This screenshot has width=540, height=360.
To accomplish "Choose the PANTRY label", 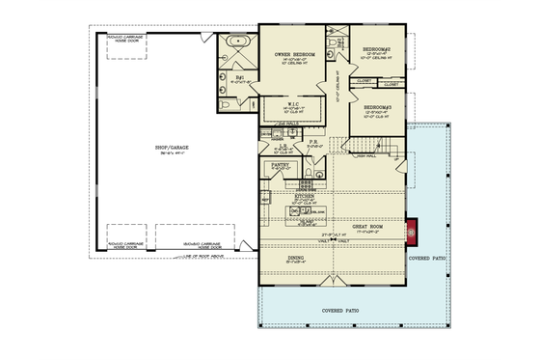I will (281, 165).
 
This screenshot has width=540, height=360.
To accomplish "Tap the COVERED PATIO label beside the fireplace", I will (427, 258).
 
